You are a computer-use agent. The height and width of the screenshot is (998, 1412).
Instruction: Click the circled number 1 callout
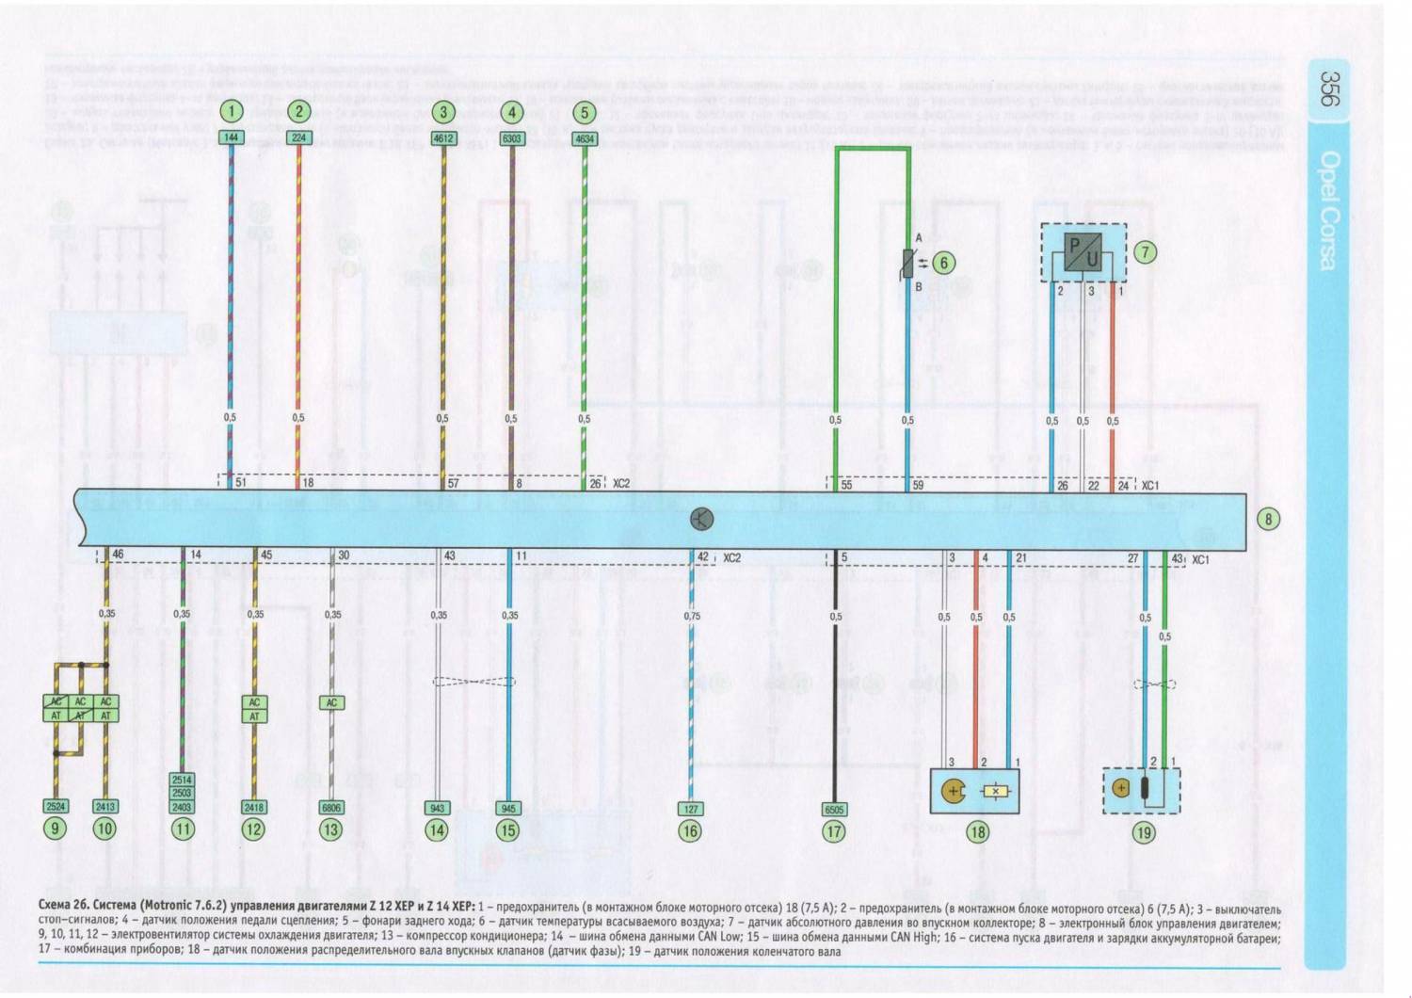click(231, 112)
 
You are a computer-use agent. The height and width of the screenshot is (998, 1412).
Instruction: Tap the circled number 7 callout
click(1145, 252)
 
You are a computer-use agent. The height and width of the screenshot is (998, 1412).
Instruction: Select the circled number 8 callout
click(1268, 519)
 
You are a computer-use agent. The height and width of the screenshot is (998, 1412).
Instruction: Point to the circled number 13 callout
click(330, 829)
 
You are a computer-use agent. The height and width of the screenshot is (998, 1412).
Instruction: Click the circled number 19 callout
click(1143, 832)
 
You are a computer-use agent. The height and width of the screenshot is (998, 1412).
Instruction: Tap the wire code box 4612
click(442, 138)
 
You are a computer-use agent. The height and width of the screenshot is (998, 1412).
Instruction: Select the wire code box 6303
click(511, 138)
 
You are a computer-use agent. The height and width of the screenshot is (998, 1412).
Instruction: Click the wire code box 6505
click(834, 809)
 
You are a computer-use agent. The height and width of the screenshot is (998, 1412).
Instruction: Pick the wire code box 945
click(508, 808)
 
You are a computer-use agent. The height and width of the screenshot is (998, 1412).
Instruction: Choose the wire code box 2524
click(56, 807)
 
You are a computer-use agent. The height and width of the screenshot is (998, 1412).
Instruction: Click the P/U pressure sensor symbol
click(1083, 252)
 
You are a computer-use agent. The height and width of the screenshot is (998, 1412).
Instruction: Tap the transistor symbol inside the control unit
click(701, 519)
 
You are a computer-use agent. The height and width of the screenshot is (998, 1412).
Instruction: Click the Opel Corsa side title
click(1328, 210)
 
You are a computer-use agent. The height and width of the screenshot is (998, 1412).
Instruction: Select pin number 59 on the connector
click(918, 485)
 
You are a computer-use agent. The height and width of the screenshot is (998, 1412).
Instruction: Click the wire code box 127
click(691, 808)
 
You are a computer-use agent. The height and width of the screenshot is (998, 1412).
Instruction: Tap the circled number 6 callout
click(943, 264)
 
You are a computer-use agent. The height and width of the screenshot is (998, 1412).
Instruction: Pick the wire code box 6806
click(331, 808)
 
